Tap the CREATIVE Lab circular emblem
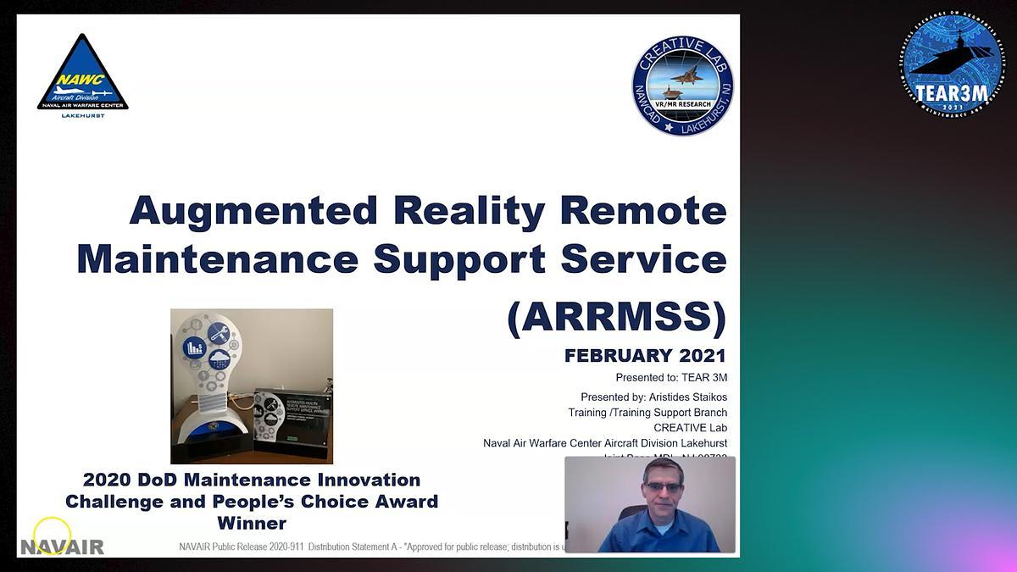tap(682, 86)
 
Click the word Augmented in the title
tap(253, 211)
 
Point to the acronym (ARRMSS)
tap(616, 317)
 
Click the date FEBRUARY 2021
tap(645, 356)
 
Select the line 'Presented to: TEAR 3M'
tap(671, 378)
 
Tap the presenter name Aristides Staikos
tap(687, 397)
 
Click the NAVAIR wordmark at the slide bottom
tap(62, 547)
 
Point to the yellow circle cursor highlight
tap(52, 536)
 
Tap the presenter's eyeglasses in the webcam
tap(663, 487)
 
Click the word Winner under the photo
tap(252, 523)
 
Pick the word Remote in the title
tap(643, 211)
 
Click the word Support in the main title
tap(460, 259)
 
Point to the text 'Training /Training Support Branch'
tap(647, 413)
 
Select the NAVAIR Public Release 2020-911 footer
tap(370, 547)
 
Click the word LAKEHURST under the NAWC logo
tap(83, 115)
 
